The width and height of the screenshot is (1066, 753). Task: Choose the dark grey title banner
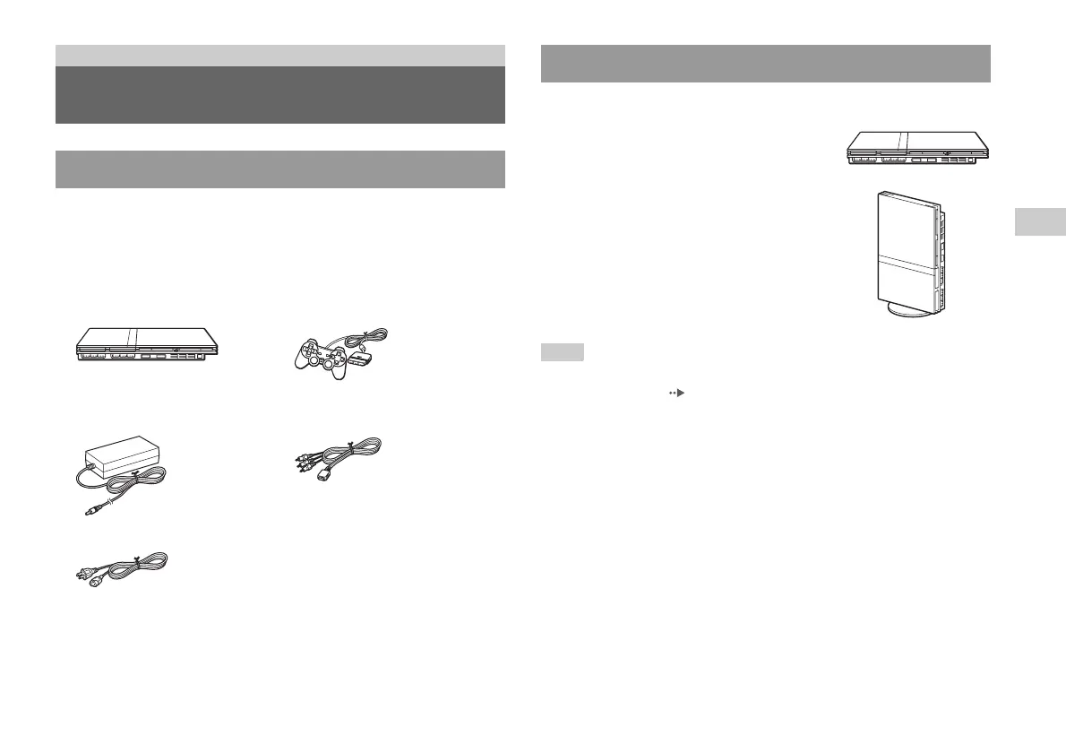point(279,94)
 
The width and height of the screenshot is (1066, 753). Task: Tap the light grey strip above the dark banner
point(279,55)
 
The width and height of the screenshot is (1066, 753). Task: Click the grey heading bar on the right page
point(766,64)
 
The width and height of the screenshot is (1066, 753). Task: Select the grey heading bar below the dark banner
point(279,169)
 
